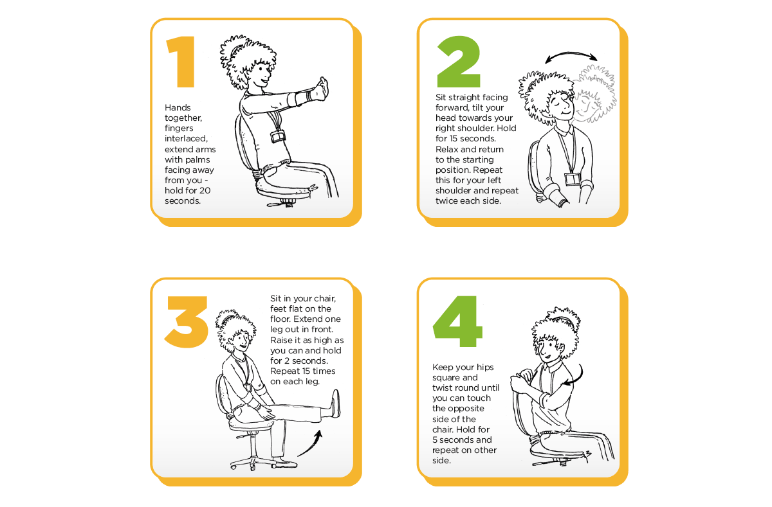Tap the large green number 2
tap(457, 62)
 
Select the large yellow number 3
tap(186, 321)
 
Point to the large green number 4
tap(458, 321)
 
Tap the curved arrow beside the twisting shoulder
tap(577, 377)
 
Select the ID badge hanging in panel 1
tap(278, 137)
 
